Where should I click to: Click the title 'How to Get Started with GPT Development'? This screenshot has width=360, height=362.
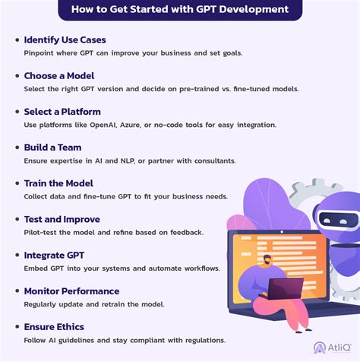coord(180,10)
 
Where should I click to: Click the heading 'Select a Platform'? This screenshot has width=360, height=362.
coord(63,111)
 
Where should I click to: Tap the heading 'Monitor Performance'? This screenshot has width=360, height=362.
coord(71,291)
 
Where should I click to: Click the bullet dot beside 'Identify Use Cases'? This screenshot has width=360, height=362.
coord(15,40)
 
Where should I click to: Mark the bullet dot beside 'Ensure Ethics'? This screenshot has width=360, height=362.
coord(15,327)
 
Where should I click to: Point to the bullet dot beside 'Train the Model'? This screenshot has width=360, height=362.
coord(15,183)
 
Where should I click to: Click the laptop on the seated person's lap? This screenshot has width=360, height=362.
coord(286,287)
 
